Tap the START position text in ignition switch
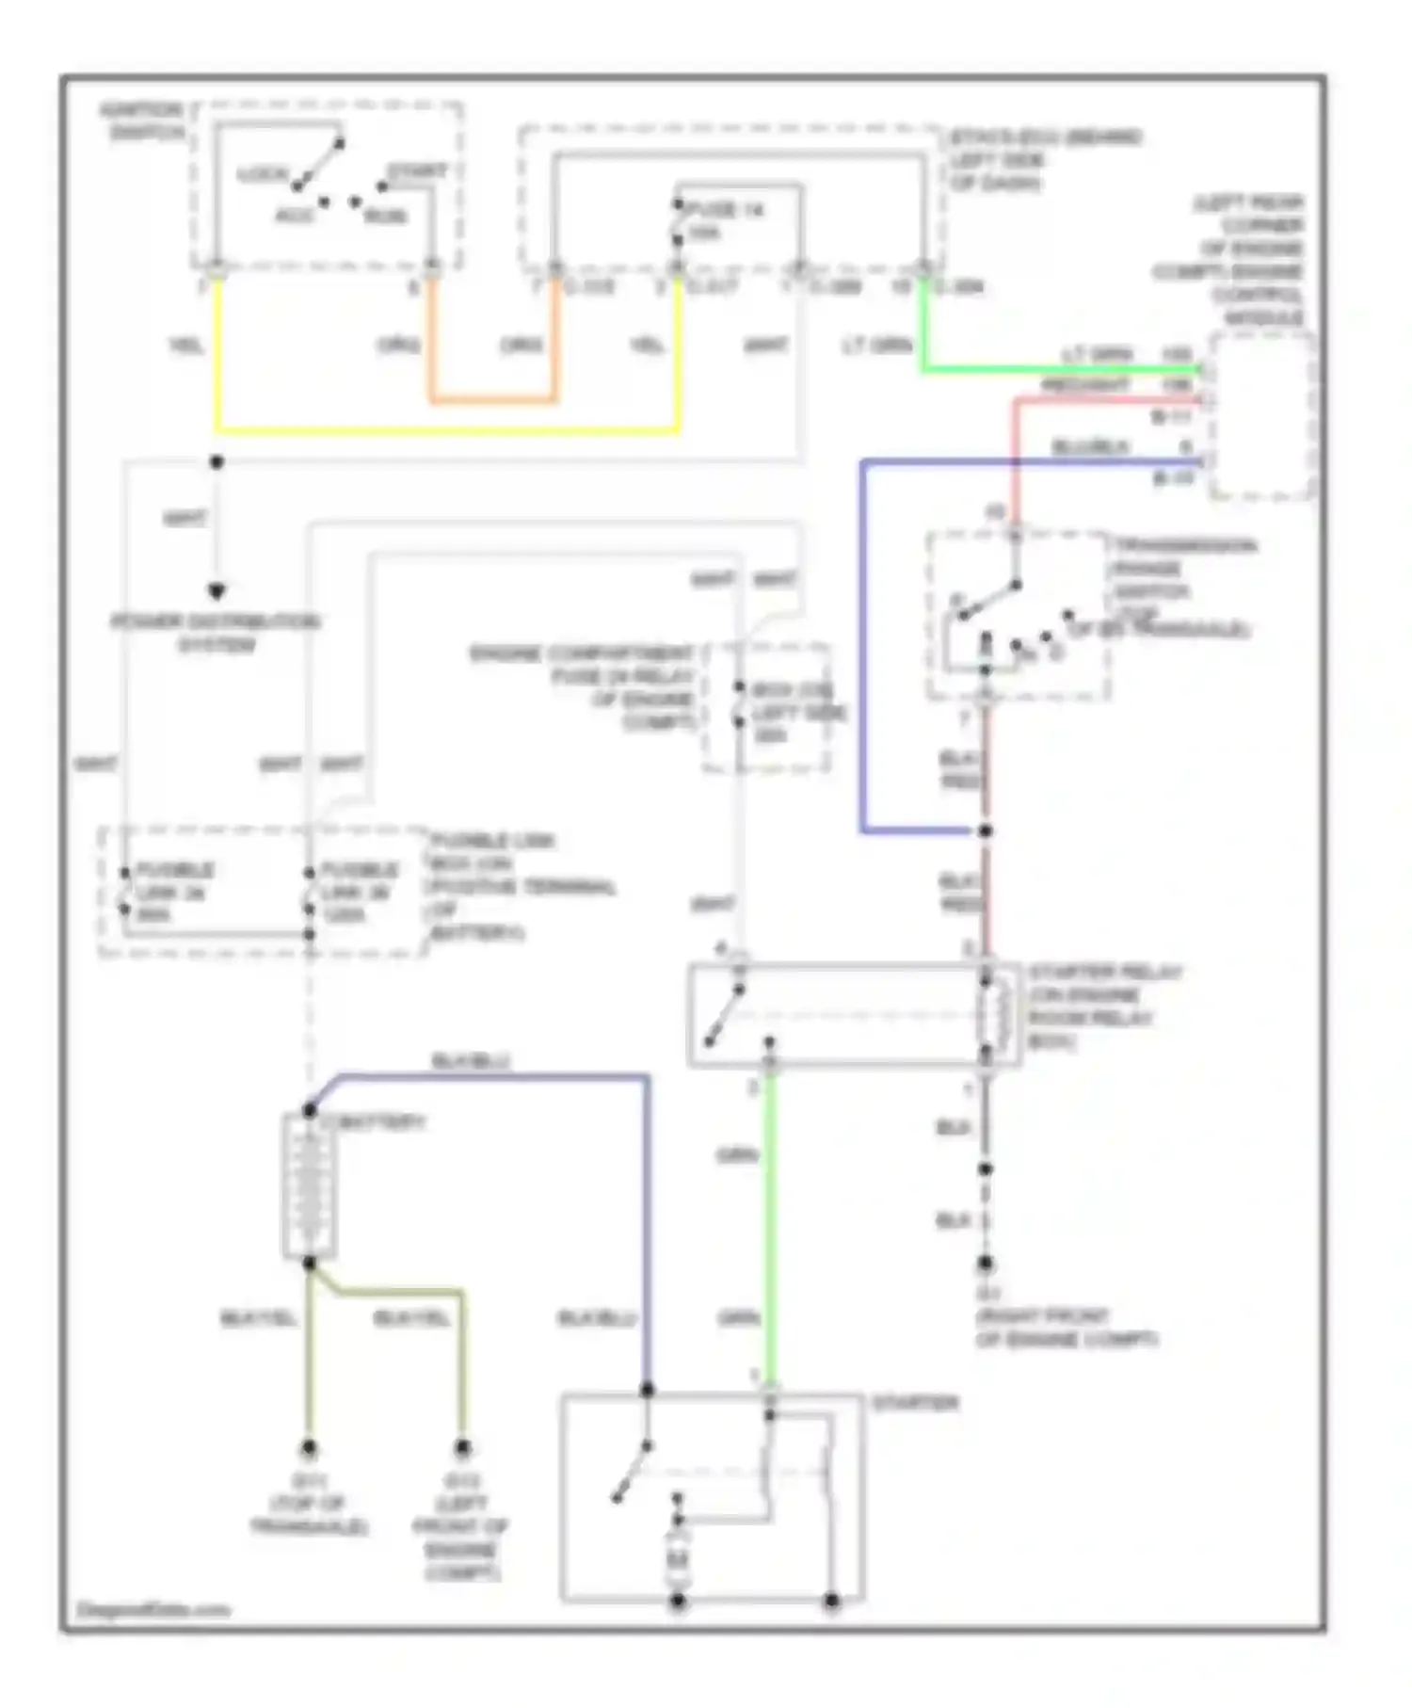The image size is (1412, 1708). pos(418,172)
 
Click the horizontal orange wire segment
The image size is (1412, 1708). pos(492,401)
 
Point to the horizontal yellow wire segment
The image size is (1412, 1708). pos(447,431)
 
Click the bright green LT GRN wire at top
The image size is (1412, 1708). pos(1054,369)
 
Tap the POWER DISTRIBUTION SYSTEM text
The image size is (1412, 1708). pos(217,633)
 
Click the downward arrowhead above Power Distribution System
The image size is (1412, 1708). pos(217,591)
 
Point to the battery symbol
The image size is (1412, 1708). pos(309,1186)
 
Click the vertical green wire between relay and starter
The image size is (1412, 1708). pos(770,1224)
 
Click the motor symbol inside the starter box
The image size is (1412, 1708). pos(677,1559)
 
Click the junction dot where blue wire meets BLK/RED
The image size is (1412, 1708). pos(985,831)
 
